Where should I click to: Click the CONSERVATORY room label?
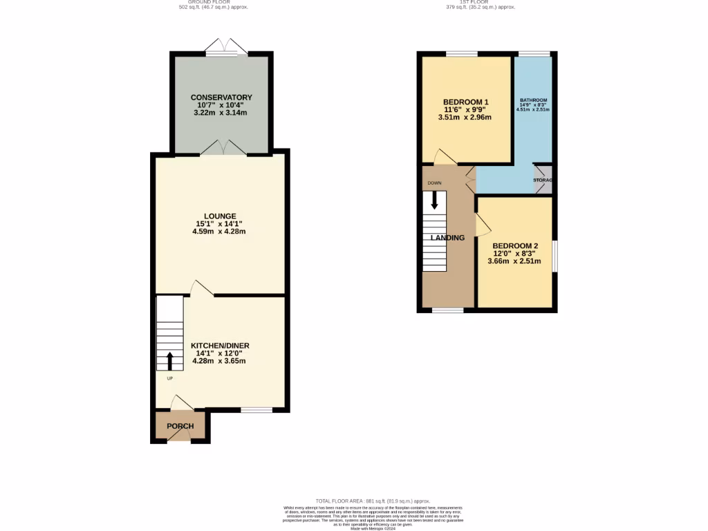pos(221,97)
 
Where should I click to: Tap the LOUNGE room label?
pos(219,216)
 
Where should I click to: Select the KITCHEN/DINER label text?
pos(220,346)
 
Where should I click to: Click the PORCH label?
pos(180,426)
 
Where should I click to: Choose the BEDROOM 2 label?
pos(514,245)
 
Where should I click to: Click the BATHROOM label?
pos(533,100)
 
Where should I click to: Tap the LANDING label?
pos(447,238)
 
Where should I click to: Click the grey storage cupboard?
pos(543,179)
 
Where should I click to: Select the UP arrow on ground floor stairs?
pos(170,360)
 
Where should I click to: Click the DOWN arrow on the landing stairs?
pos(435,200)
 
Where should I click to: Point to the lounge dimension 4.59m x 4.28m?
pos(219,232)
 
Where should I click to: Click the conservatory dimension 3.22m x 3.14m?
pos(221,112)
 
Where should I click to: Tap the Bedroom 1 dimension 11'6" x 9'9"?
pos(465,110)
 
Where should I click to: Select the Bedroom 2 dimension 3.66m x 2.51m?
pos(514,261)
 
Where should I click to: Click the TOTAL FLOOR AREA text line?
pos(373,501)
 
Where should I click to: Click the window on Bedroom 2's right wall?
pos(555,253)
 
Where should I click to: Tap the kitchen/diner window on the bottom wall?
pos(256,410)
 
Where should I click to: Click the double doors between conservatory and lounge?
pos(223,148)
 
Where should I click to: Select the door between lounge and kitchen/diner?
pos(203,289)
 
